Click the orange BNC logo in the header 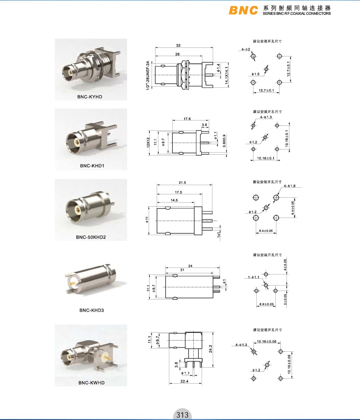243,10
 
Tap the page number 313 183,415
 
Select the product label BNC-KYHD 90,97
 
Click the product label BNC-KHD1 92,166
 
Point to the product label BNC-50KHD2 91,237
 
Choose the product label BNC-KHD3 91,310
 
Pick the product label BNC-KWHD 91,383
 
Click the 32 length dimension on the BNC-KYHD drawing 179,46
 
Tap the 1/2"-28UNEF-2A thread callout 148,76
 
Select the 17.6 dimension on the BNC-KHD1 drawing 187,119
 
